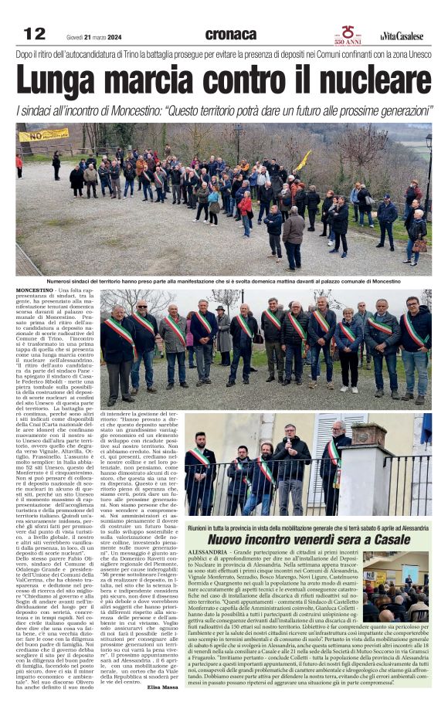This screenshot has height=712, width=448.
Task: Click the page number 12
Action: (x=35, y=33)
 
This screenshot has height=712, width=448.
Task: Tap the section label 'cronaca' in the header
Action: (x=230, y=34)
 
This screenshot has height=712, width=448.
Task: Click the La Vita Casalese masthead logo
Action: (x=402, y=36)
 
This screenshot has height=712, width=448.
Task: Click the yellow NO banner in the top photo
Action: (x=43, y=135)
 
